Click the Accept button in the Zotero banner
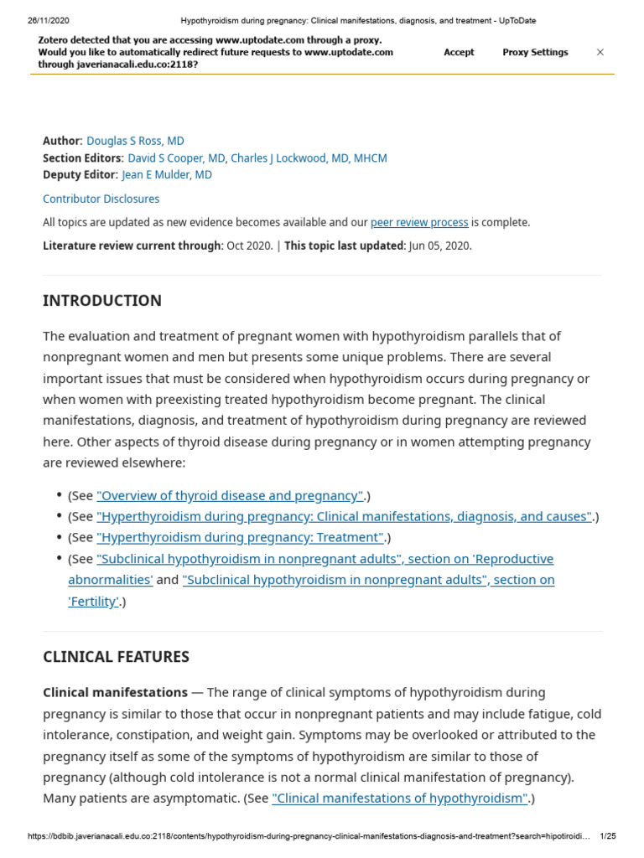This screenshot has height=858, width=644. pos(459,52)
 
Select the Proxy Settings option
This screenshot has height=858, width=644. pos(535,52)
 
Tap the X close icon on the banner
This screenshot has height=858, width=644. pos(600,52)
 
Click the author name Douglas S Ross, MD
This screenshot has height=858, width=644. pos(135,141)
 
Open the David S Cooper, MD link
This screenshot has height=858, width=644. pos(176,158)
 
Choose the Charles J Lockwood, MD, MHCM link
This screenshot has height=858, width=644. pos(309,158)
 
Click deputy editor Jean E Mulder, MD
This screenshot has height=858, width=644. pos(167,174)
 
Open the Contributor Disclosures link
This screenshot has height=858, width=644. pos(101,199)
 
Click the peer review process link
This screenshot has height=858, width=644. pos(419,222)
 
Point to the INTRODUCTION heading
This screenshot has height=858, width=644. pos(102,300)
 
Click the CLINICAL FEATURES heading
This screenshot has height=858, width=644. pos(116,657)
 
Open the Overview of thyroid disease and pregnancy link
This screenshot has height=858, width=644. pos(230,495)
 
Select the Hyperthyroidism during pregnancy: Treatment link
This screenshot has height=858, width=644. pos(241,537)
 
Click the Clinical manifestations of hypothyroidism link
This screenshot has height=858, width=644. pos(400,798)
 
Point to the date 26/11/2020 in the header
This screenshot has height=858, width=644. pos(48,20)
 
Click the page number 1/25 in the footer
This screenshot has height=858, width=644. pos(608,836)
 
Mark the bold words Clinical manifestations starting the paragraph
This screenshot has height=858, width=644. pos(115,692)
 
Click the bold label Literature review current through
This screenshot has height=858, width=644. pos(132,246)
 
